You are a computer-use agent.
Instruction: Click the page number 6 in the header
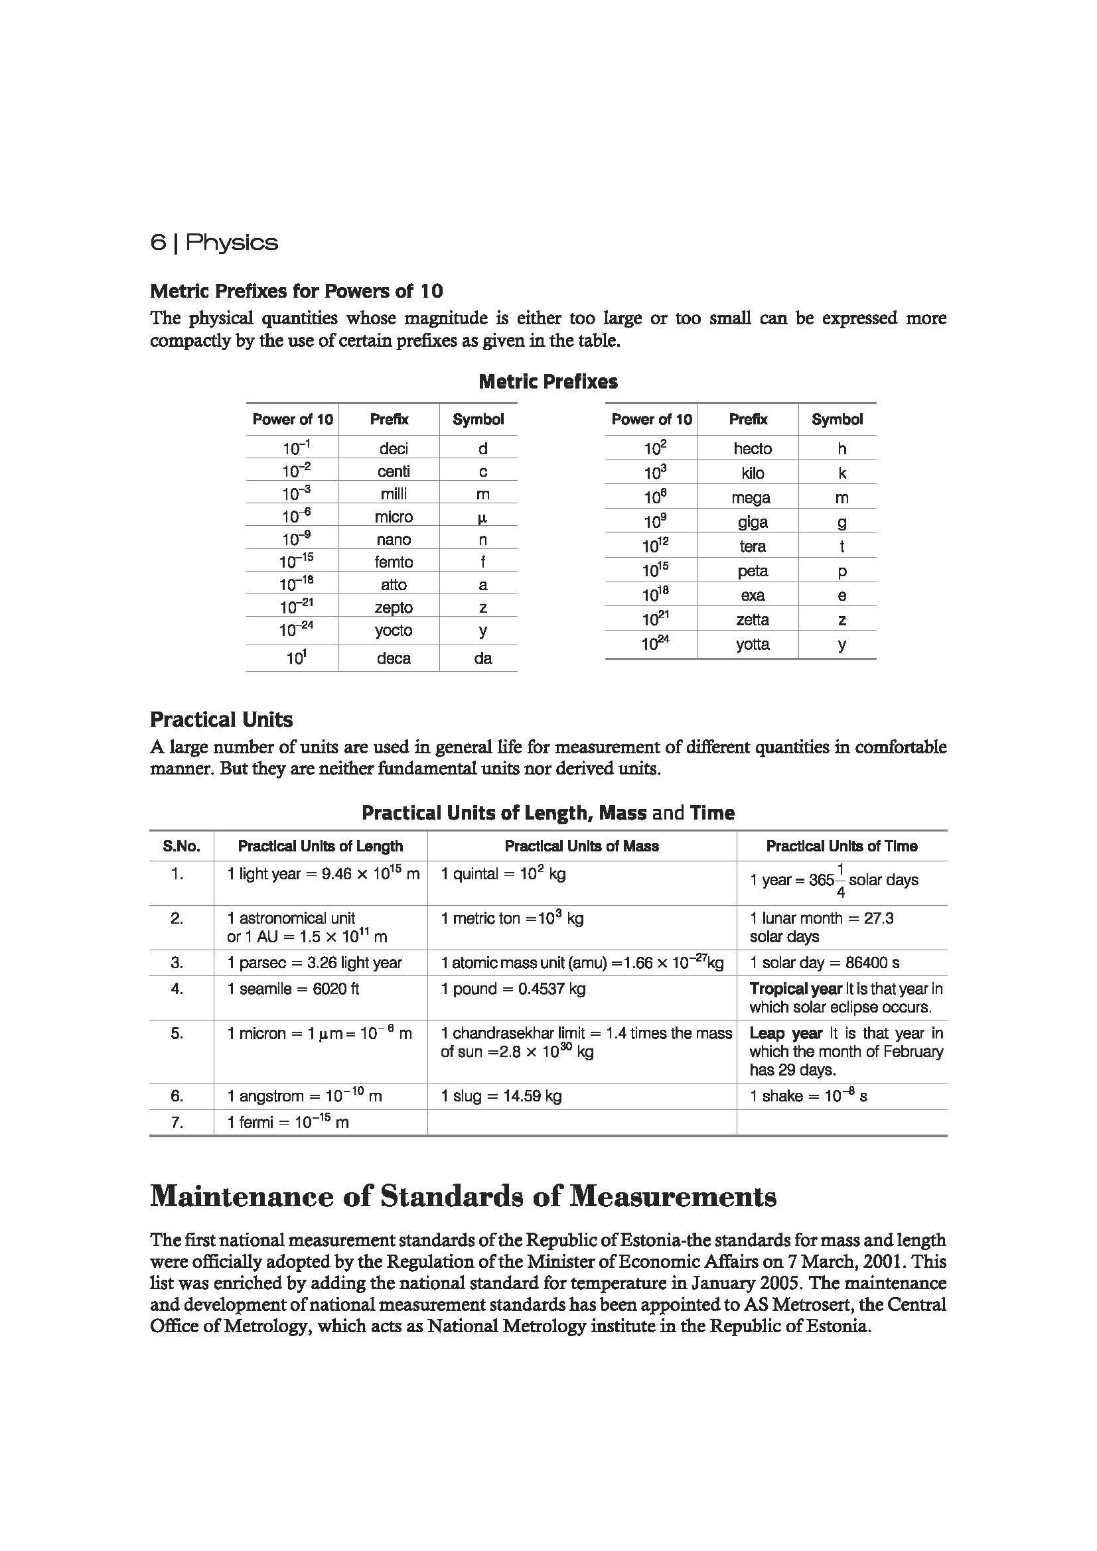[157, 243]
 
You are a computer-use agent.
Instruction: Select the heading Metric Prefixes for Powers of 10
[296, 291]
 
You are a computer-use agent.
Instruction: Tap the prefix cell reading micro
[394, 517]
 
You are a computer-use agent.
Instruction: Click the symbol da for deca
[482, 658]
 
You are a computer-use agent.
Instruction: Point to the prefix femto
[394, 562]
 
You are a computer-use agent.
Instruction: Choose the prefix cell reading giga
[753, 522]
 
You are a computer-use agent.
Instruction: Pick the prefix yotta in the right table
[753, 644]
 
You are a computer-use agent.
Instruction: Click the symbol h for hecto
[841, 448]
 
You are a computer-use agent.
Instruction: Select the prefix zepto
[394, 607]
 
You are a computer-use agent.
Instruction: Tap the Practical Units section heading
[221, 719]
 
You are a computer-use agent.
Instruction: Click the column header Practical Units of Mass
[581, 845]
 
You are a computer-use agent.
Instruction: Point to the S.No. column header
[181, 845]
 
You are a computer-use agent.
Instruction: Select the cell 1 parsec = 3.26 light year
[315, 963]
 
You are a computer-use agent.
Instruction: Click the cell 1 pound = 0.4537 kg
[513, 989]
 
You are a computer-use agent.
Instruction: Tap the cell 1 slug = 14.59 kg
[501, 1095]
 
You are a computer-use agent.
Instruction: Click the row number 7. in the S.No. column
[177, 1122]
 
